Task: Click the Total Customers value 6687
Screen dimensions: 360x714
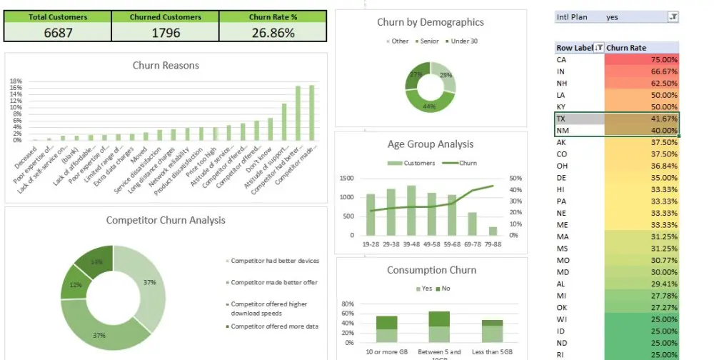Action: [58, 33]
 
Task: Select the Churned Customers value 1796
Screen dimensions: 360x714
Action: [165, 33]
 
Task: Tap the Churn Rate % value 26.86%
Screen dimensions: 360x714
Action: [273, 33]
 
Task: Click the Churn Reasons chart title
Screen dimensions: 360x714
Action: [166, 66]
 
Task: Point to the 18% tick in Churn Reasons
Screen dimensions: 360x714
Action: [16, 81]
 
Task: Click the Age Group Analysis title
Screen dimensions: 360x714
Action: [430, 144]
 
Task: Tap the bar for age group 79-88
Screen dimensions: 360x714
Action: [493, 231]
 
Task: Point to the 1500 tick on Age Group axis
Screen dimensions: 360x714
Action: [349, 179]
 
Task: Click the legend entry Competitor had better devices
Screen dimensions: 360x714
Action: [274, 261]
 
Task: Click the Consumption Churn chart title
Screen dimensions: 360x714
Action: [431, 270]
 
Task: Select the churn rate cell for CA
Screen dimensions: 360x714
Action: [642, 60]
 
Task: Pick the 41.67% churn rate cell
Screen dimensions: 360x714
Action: [642, 119]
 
